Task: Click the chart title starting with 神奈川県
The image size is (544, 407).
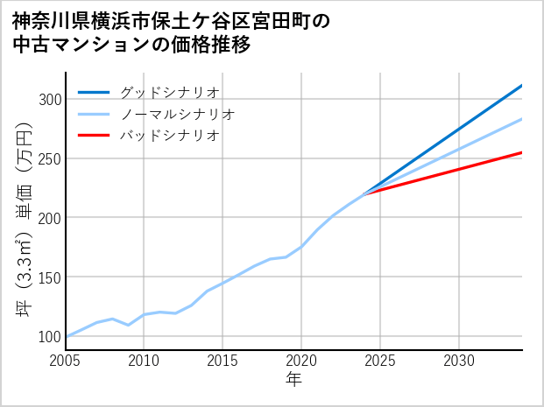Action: click(171, 32)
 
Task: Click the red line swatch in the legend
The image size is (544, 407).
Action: click(95, 136)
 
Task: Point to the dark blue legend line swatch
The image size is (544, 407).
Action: click(95, 92)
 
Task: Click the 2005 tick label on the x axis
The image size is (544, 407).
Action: click(65, 361)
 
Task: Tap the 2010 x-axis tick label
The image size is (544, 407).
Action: click(144, 361)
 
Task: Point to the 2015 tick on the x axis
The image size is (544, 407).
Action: click(223, 361)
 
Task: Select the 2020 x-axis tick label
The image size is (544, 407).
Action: click(301, 361)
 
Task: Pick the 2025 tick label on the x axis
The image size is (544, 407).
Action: click(380, 361)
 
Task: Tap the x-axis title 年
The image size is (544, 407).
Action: click(293, 380)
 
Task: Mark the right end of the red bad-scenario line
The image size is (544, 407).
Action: click(521, 153)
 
